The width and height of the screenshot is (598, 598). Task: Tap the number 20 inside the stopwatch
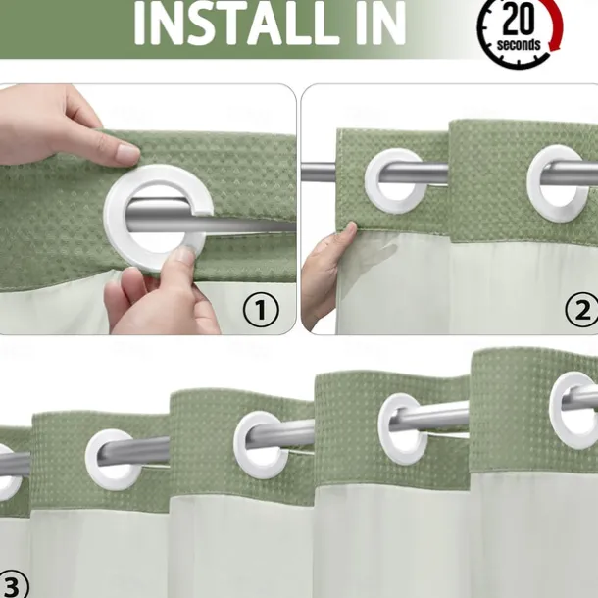pos(519,20)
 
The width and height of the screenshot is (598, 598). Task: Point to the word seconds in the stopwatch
pos(519,44)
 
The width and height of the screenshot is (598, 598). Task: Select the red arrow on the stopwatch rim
pos(556,29)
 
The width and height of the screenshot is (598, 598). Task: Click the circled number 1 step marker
pos(260,311)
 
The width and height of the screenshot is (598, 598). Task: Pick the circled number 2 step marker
pos(582,311)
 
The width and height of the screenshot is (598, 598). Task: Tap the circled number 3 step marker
pos(12,585)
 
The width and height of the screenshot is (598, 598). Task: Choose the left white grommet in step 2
pos(395,182)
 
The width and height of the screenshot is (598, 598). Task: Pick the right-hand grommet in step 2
pos(559,182)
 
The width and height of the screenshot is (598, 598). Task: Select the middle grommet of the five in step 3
pos(261,444)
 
